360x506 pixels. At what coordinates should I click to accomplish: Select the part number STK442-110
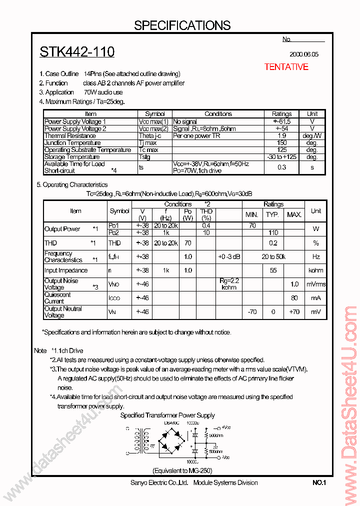77,51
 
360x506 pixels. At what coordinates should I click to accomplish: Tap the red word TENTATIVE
286,67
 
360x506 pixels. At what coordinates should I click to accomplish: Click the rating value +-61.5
281,121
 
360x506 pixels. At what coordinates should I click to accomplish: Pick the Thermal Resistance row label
70,135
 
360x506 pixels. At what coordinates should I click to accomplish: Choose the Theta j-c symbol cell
153,135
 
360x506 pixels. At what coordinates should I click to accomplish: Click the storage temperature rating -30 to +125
281,157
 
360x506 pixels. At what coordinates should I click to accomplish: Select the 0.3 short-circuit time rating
281,167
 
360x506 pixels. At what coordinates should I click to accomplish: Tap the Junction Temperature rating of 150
281,143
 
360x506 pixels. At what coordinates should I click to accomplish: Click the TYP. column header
272,214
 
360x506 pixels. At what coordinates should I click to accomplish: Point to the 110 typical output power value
272,232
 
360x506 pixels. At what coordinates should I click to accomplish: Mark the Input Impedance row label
66,270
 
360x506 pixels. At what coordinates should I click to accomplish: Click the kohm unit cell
315,270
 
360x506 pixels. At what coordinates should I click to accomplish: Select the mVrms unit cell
315,284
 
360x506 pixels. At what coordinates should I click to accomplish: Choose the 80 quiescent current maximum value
294,298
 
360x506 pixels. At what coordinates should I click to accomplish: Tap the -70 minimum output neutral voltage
252,311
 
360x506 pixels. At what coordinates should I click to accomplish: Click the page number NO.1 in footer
319,482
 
